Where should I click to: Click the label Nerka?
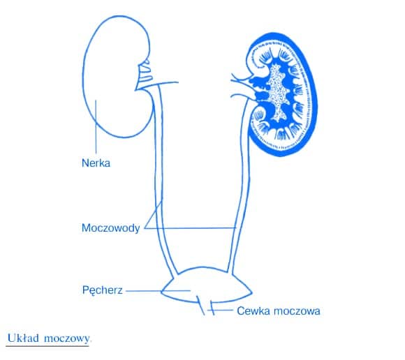click(x=96, y=163)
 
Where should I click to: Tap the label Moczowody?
click(x=110, y=228)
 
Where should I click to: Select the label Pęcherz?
click(x=102, y=290)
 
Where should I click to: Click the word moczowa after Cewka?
click(x=297, y=311)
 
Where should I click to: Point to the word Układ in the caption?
click(x=23, y=338)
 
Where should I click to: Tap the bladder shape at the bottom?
click(x=207, y=284)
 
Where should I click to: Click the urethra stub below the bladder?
click(x=207, y=307)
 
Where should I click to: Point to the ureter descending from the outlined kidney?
click(x=158, y=181)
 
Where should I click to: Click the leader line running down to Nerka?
click(x=96, y=126)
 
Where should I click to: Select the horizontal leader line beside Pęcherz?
click(x=158, y=291)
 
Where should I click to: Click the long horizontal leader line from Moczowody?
click(x=190, y=228)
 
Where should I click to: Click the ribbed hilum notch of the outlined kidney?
click(x=145, y=73)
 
